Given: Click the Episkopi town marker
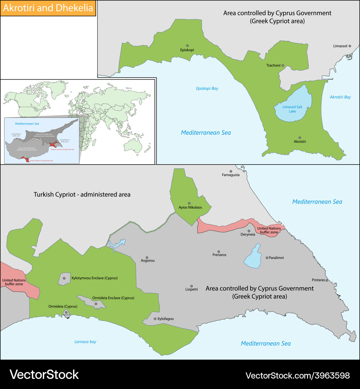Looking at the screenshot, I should point(187,45).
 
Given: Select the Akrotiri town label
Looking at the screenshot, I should point(300,142).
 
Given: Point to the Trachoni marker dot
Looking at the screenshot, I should point(283,65).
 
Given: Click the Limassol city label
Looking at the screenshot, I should point(340,46).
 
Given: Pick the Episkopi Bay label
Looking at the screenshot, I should point(207,89).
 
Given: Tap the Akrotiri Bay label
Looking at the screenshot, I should point(340,97).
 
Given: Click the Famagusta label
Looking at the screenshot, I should point(231,175).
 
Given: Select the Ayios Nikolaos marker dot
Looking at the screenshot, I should point(189,203).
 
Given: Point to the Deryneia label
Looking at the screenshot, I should point(248,234).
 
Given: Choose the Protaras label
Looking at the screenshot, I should point(318,280).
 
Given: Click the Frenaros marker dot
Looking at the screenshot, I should point(219,251).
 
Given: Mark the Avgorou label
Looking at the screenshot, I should point(148,260).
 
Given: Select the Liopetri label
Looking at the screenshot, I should point(192,289).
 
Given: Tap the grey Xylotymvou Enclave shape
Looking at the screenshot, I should point(64,279).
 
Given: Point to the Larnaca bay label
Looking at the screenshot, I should point(85,342).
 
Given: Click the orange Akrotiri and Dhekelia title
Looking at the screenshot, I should point(48,8).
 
